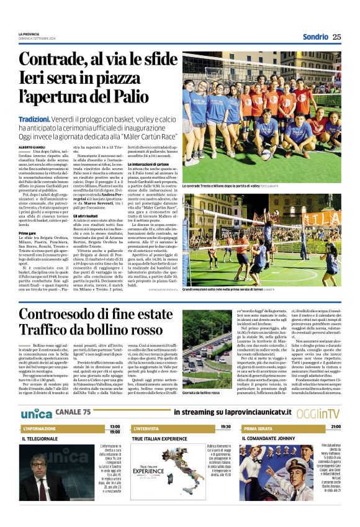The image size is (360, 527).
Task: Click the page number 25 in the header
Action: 336,37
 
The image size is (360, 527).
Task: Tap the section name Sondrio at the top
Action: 315,37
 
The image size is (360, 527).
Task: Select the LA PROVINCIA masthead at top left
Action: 28,34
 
